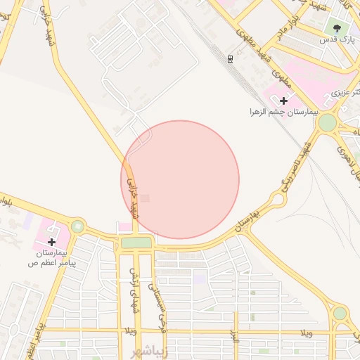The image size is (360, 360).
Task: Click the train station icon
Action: (230, 60)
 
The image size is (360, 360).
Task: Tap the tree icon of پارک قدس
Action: (338, 29)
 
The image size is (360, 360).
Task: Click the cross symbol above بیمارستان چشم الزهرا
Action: (283, 101)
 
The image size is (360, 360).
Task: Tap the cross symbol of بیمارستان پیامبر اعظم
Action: (51, 241)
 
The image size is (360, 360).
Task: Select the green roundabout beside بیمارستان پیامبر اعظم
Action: (77, 226)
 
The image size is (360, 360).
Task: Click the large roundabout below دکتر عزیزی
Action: (327, 123)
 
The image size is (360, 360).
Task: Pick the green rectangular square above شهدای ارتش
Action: (136, 243)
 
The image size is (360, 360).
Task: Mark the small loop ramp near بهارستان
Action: (278, 200)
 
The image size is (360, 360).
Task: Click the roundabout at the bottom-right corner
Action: (340, 313)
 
